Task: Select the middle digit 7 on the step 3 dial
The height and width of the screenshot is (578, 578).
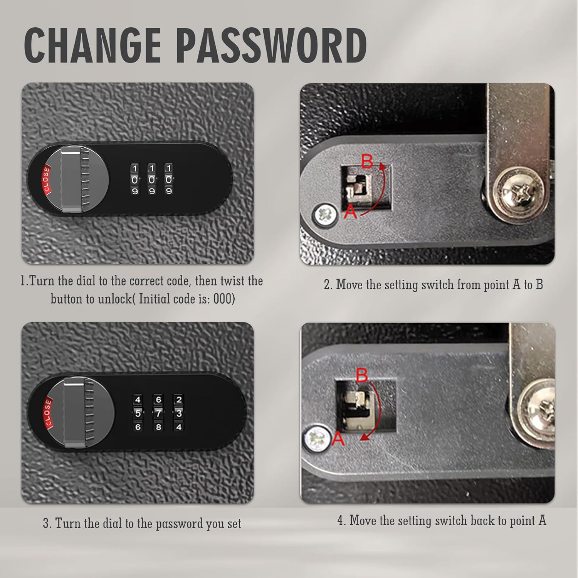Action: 158,413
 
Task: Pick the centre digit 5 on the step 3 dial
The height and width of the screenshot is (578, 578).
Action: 138,413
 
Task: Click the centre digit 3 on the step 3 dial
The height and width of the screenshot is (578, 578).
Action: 178,413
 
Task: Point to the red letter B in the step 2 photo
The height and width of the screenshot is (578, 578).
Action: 367,162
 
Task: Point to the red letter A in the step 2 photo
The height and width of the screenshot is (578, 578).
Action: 351,212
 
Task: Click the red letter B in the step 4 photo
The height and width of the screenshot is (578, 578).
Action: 362,375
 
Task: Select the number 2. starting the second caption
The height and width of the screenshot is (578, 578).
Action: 328,285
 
